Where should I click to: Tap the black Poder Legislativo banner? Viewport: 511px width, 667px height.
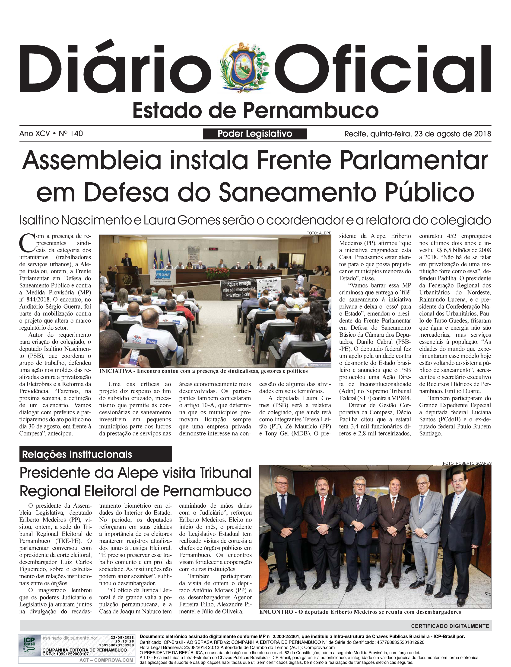255,134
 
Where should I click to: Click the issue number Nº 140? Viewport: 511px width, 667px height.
71,134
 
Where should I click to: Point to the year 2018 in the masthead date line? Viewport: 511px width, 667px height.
482,134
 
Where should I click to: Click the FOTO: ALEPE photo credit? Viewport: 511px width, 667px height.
319,233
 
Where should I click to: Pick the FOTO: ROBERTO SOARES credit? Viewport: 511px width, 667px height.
467,463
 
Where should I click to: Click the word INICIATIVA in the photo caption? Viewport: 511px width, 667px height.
115,371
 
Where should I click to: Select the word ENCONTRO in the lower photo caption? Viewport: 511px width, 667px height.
276,612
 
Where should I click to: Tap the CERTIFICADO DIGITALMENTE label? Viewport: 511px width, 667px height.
450,626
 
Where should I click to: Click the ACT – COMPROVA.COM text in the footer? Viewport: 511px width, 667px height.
106,660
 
